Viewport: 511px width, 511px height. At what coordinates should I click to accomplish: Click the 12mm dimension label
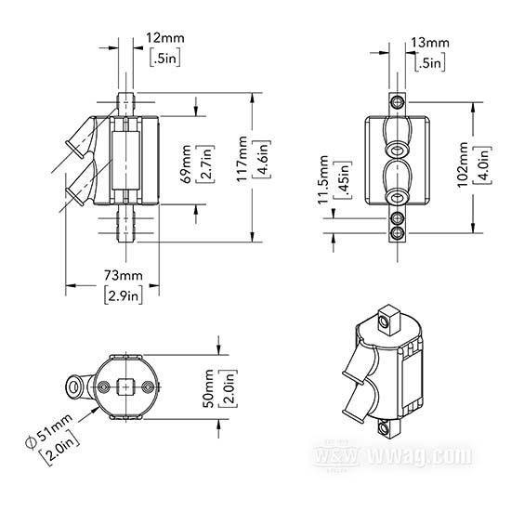point(164,38)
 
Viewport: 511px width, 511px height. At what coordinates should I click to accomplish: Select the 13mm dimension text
point(429,43)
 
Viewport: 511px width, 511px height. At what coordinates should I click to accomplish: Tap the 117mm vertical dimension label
point(242,159)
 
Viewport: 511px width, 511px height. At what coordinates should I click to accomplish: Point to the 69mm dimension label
point(187,164)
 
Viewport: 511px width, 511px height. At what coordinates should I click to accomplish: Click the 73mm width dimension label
point(124,276)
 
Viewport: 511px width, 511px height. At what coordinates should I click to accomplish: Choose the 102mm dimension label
point(463,164)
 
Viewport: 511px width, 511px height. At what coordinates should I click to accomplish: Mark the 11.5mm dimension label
point(323,179)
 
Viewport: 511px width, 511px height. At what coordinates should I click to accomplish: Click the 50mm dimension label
point(208,387)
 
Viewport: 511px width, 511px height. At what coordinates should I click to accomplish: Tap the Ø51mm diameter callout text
point(49,431)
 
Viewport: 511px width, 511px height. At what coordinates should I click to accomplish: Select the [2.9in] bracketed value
point(124,295)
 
